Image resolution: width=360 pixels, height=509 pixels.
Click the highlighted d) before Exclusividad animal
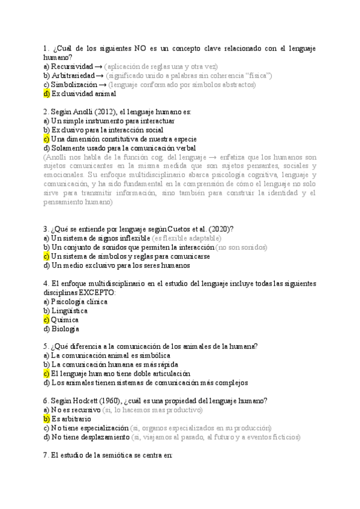[x=47, y=94]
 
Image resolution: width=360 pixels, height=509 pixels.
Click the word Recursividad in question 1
[x=72, y=66]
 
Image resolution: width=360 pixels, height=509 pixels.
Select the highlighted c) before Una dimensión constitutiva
[x=47, y=139]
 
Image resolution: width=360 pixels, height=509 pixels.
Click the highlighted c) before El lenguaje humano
[x=47, y=373]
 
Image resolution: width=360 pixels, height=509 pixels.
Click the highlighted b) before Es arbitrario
[x=47, y=419]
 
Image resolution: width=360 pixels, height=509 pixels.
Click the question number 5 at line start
[x=46, y=346]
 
